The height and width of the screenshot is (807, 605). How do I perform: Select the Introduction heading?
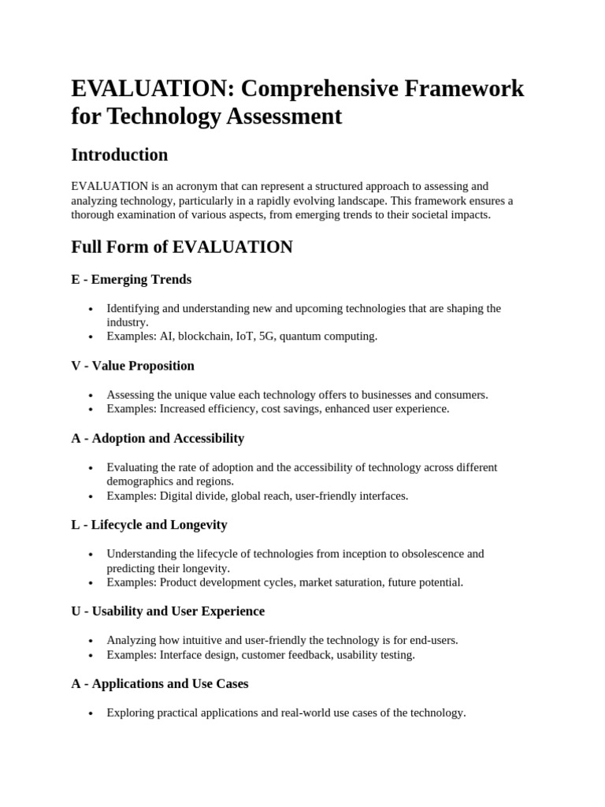point(120,154)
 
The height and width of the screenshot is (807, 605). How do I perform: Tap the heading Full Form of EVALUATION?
point(182,247)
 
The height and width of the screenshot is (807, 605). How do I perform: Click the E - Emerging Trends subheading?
point(131,279)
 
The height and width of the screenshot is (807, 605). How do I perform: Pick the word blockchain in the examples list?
point(205,337)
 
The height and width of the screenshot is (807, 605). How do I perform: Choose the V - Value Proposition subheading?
point(132,366)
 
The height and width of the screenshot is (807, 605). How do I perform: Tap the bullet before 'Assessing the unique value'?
point(91,395)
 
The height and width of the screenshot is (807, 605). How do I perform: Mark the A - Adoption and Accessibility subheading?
point(158,438)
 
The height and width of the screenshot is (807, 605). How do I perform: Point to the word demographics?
point(143,482)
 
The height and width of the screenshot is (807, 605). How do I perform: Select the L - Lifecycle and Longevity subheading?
point(149,525)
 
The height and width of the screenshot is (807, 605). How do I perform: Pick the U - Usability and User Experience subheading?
point(168,612)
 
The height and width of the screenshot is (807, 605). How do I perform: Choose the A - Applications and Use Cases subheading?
point(160,684)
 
